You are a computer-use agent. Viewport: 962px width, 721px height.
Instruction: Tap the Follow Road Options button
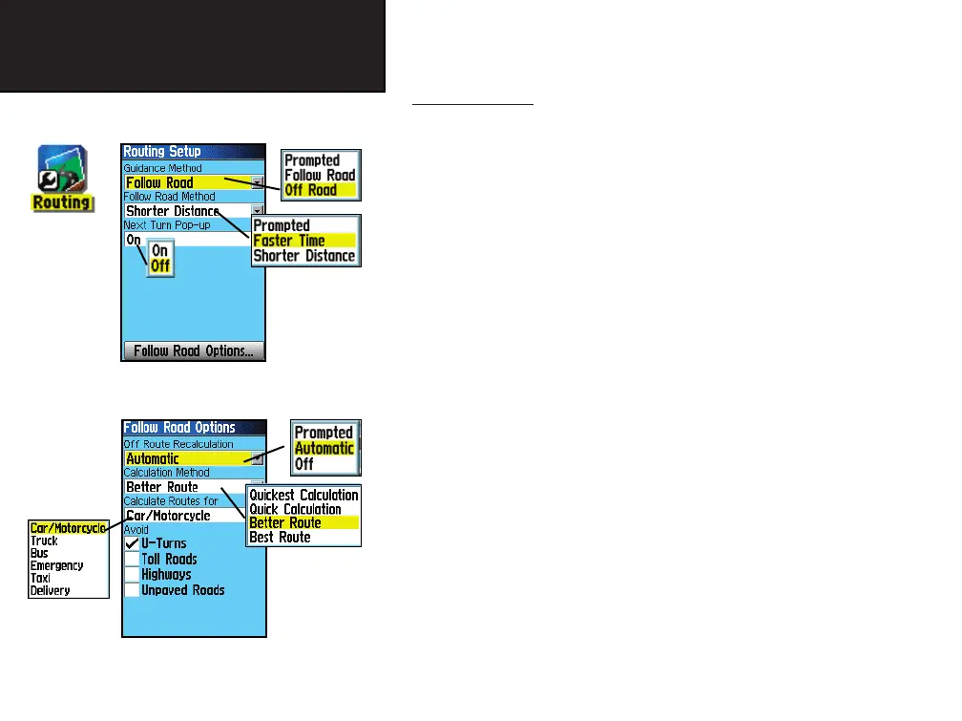tap(194, 350)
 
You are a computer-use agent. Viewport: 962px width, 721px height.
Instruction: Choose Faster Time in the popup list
tap(289, 241)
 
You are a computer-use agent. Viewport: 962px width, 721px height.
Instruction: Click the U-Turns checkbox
tap(133, 543)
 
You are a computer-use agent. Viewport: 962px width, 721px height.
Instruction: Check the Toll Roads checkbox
tap(133, 559)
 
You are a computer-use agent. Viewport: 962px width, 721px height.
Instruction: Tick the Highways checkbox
tap(133, 575)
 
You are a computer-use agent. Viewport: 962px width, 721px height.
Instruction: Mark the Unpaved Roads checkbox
tap(133, 590)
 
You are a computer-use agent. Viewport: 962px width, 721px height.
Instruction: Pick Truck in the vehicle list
tap(44, 541)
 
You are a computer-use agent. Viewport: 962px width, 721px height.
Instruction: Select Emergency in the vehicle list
tap(56, 565)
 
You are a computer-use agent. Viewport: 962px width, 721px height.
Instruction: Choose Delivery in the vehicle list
tap(50, 590)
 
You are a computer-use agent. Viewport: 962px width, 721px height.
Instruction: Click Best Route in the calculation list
tap(280, 537)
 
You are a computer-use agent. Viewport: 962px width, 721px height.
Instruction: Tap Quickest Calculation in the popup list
tap(303, 495)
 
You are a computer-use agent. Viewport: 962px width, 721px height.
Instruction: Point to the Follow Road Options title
tap(180, 427)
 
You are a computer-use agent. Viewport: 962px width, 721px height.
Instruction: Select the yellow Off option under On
tap(160, 266)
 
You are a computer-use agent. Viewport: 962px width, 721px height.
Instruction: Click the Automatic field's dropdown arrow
tap(257, 458)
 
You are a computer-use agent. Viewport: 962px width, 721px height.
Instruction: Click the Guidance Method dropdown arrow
tap(257, 182)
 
